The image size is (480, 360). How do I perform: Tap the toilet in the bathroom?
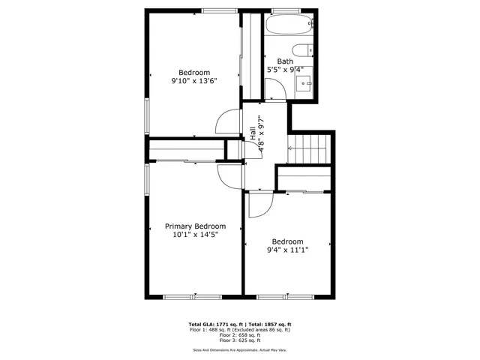point(303,51)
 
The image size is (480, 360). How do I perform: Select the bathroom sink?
point(304,83)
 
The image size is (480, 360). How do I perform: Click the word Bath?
point(285,61)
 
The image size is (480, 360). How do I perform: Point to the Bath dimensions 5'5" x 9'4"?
point(285,70)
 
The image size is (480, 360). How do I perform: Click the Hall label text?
point(253,132)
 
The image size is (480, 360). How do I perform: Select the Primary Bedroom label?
point(195,226)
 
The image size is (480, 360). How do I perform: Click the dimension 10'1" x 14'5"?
point(195,234)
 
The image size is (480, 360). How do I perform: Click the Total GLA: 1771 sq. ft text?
point(218,324)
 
